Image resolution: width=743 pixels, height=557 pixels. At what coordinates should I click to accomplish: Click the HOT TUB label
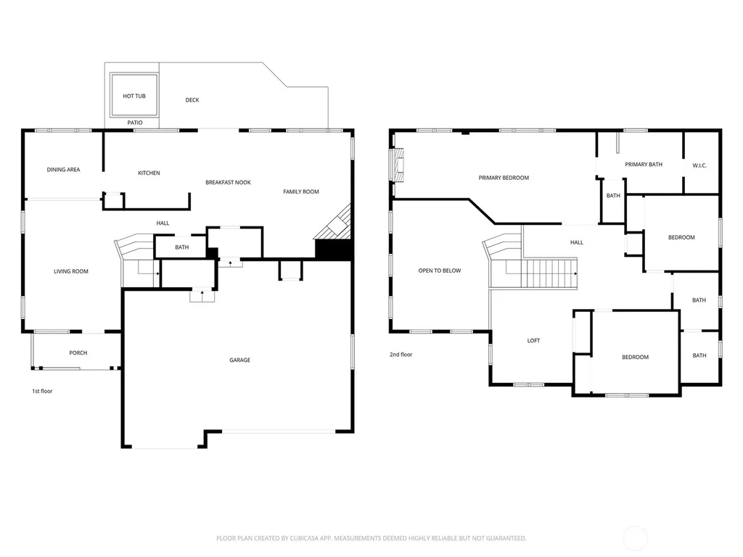pos(134,96)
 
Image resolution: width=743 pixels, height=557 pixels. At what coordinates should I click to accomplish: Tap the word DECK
pos(192,100)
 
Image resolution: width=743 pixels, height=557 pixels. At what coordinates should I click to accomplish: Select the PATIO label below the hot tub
pos(135,123)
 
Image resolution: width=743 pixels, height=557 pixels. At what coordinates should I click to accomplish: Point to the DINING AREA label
pos(64,170)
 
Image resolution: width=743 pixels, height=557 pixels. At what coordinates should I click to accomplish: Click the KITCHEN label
pos(149,173)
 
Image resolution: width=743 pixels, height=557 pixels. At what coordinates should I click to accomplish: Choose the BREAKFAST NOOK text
pos(228,182)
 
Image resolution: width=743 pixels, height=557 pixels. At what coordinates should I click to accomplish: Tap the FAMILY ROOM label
pos(301,191)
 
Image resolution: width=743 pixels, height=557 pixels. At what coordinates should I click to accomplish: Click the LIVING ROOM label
pos(71,271)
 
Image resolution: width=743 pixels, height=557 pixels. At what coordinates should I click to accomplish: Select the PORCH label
pos(78,353)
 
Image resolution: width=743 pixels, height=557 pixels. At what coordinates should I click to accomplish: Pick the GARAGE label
pos(239,360)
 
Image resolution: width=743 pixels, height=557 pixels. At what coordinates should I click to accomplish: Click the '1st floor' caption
pos(42,391)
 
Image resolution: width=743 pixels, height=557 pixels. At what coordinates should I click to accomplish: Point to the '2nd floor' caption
pos(401,354)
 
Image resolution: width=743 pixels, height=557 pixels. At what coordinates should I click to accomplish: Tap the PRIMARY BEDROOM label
pos(504,178)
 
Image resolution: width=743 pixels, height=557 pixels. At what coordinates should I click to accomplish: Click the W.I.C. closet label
pos(699,165)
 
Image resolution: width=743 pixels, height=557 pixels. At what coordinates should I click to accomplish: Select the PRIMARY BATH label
pos(644,165)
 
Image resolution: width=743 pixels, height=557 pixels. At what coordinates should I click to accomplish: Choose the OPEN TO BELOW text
pos(440,271)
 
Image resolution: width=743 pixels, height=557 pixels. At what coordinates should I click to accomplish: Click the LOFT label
pos(533,341)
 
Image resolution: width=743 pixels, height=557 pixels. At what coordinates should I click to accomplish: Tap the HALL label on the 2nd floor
pos(577,242)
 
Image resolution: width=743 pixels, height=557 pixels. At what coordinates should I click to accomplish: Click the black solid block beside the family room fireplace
pos(334,249)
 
